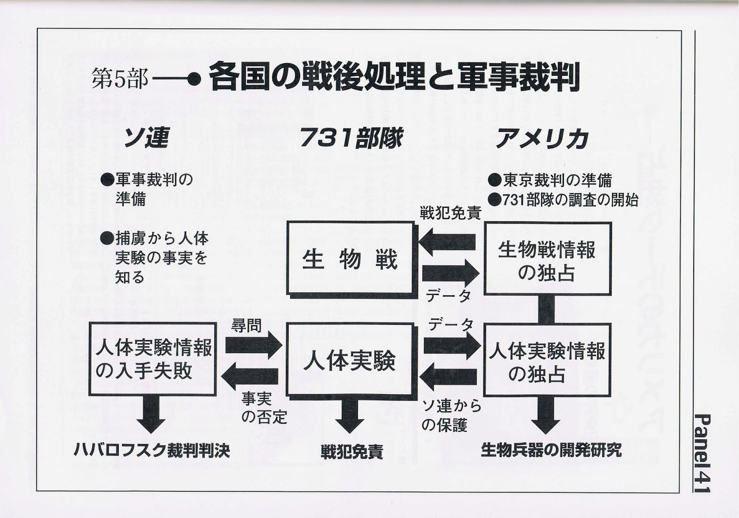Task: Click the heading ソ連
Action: (x=145, y=138)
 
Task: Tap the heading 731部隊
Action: (x=351, y=138)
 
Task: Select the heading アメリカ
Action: (x=542, y=138)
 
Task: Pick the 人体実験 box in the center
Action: (x=350, y=360)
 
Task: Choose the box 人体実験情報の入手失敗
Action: (x=153, y=359)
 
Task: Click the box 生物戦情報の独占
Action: (x=547, y=259)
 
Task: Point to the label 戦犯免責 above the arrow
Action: (x=450, y=213)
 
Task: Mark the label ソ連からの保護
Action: (x=451, y=415)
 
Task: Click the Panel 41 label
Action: (x=703, y=453)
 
